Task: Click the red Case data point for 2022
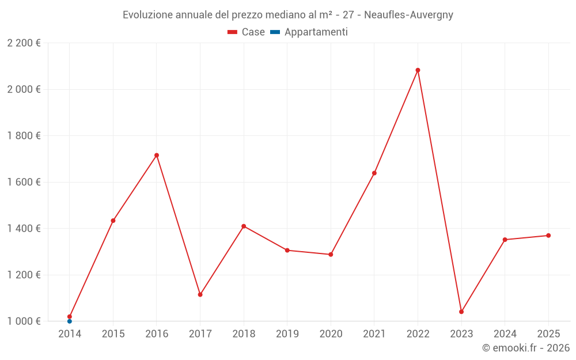(418, 70)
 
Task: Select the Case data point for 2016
(157, 155)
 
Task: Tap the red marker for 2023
(461, 312)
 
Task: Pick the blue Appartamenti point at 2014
(70, 321)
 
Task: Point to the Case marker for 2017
(200, 294)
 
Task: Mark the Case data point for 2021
(374, 173)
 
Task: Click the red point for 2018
(244, 226)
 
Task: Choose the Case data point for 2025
(548, 236)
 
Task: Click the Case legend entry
(247, 32)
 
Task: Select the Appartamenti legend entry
(309, 32)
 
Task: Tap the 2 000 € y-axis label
(24, 89)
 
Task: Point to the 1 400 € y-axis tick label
(24, 229)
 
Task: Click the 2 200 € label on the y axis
(24, 43)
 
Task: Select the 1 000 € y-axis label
(24, 321)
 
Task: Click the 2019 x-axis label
(287, 334)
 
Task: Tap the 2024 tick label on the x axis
(505, 334)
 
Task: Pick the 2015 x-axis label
(113, 334)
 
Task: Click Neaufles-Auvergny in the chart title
(408, 15)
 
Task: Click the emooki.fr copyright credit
(526, 348)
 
